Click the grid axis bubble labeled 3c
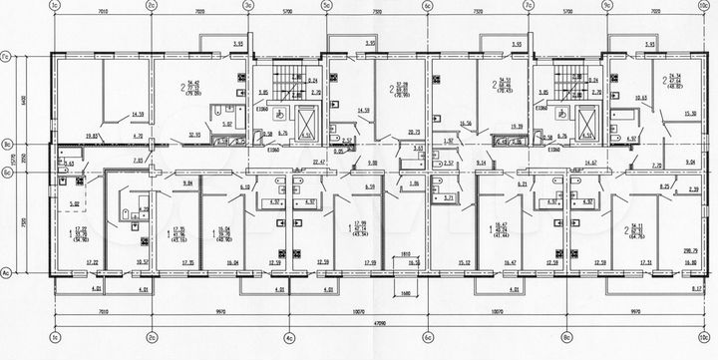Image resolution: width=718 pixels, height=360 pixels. click(x=246, y=6)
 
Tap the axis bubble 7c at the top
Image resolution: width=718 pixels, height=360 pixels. click(x=525, y=6)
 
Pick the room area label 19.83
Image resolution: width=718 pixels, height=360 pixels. click(x=65, y=133)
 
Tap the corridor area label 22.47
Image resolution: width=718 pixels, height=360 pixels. click(x=319, y=161)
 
